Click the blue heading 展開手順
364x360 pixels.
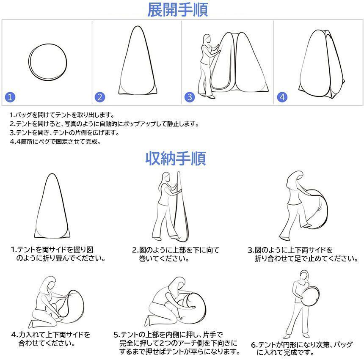point(177,10)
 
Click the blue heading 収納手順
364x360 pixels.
point(176,159)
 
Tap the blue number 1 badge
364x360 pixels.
point(11,97)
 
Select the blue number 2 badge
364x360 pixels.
point(99,97)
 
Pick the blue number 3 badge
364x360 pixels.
point(189,97)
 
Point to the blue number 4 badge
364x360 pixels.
point(282,97)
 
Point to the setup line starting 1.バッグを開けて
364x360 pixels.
point(62,115)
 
